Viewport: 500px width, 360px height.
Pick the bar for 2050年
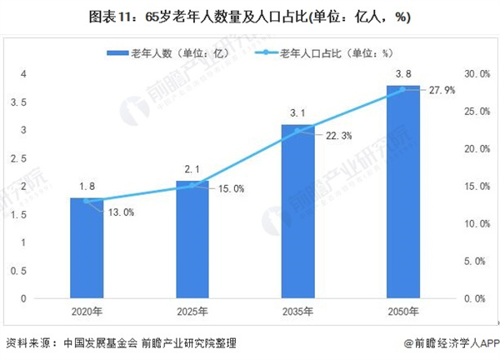click(403, 192)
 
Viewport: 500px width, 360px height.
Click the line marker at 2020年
click(87, 201)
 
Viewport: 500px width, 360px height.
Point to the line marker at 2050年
click(403, 89)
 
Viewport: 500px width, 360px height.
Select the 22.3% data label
click(336, 136)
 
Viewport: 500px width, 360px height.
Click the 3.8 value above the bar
click(403, 74)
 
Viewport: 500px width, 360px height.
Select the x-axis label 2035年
click(297, 312)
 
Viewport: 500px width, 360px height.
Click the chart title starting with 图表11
click(249, 17)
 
